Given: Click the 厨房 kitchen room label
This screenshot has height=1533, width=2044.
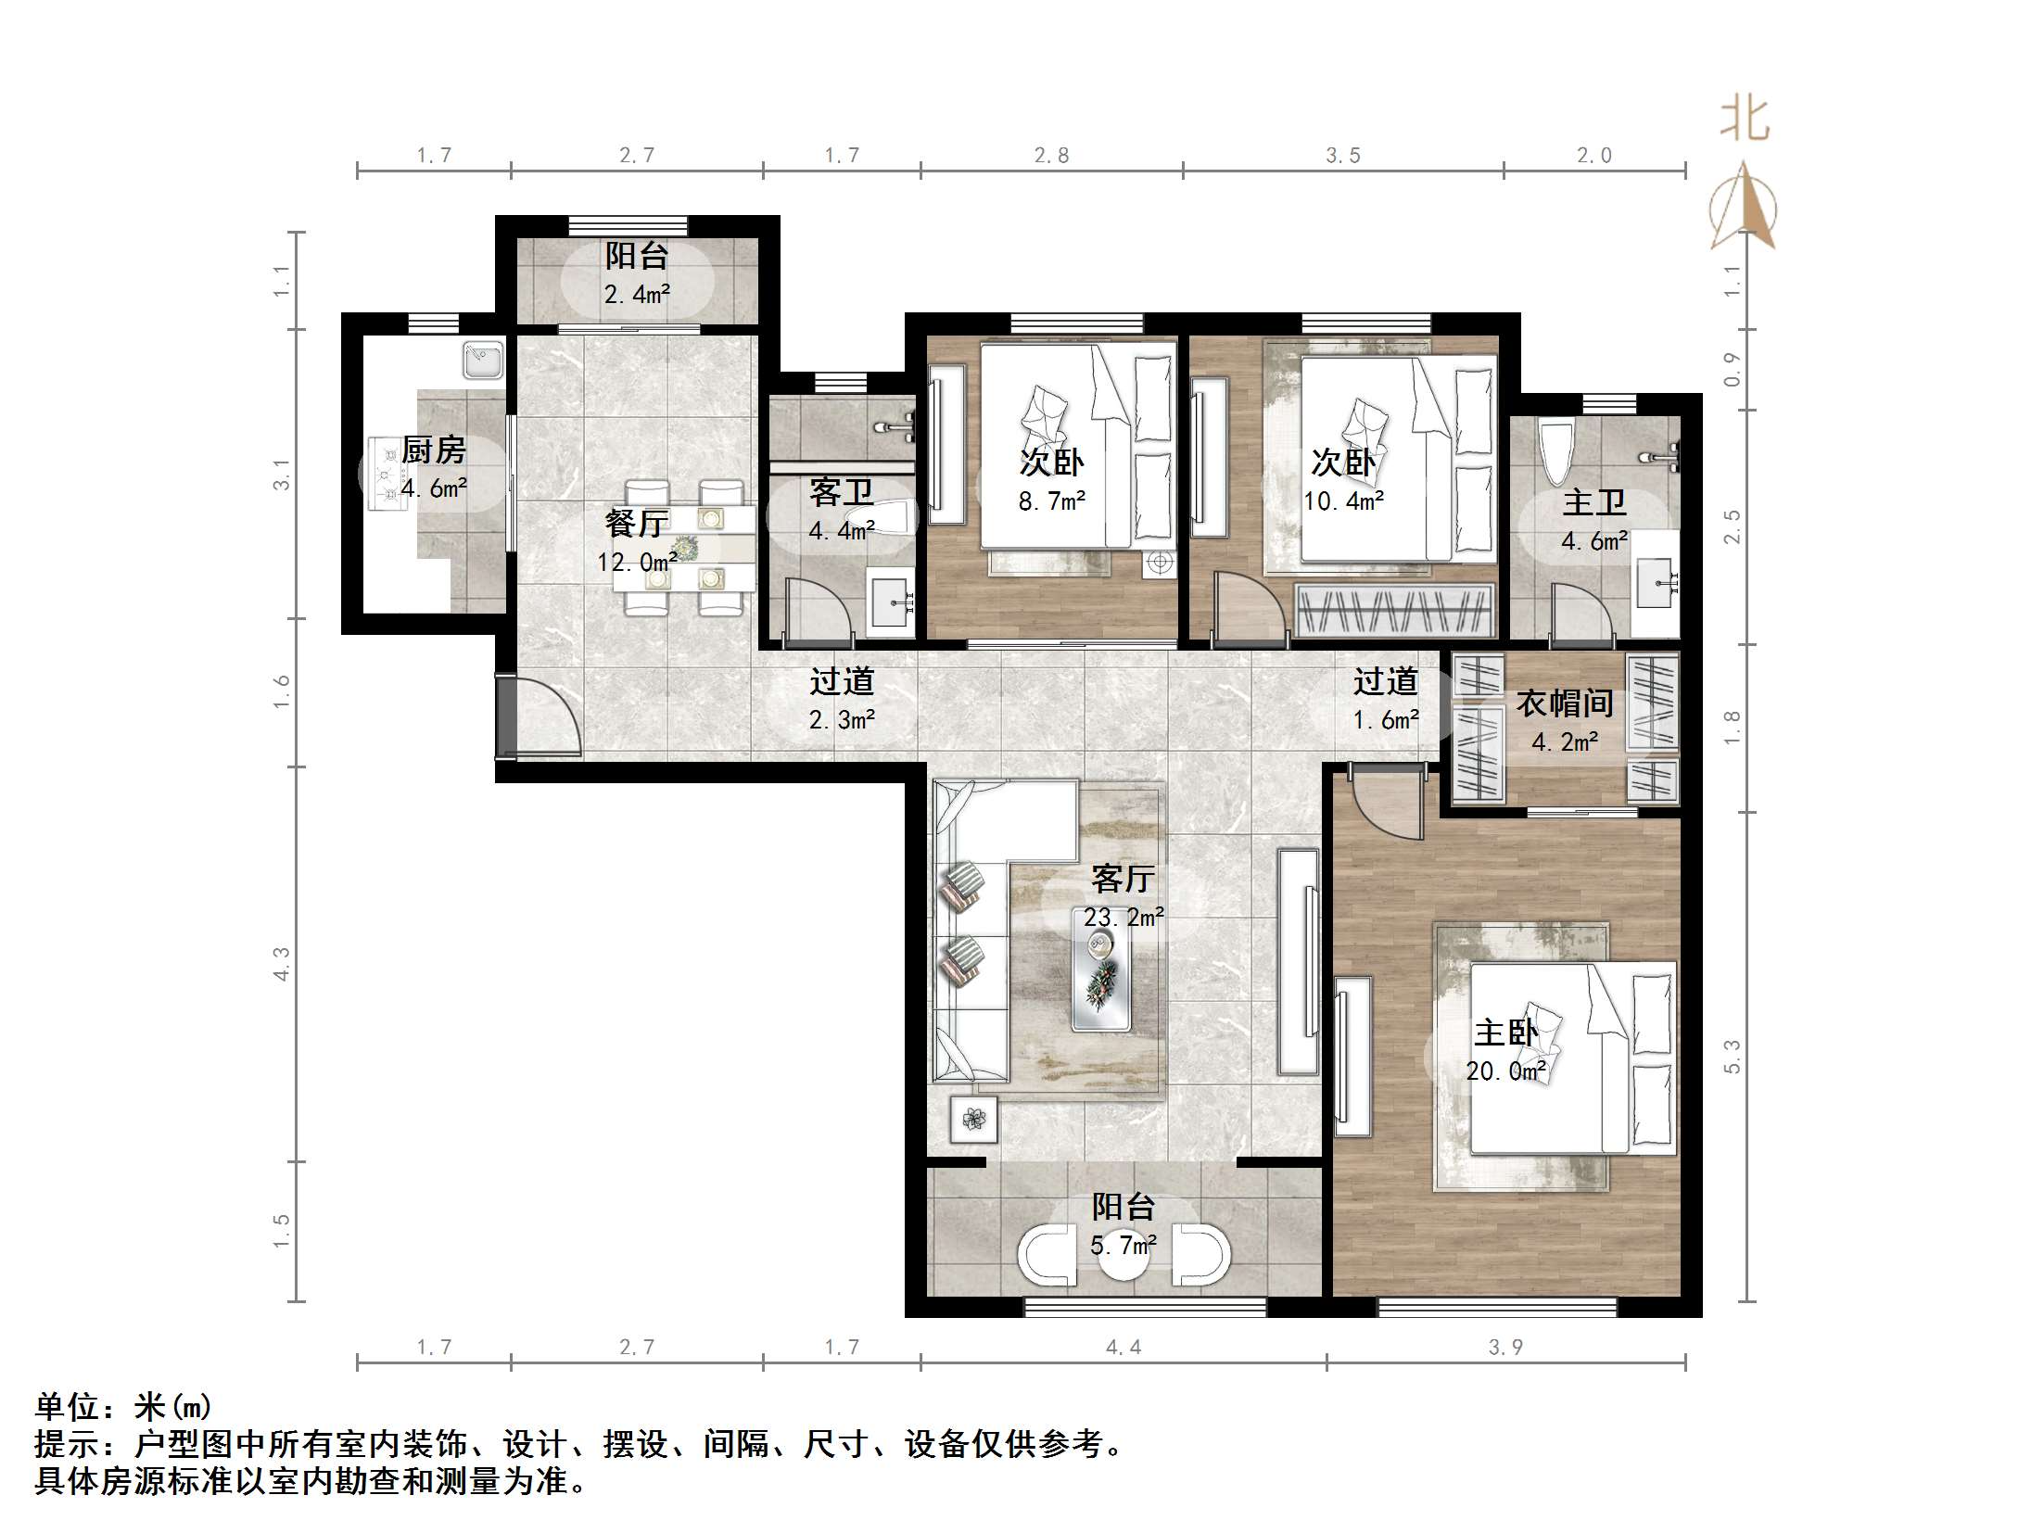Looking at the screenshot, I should tap(433, 451).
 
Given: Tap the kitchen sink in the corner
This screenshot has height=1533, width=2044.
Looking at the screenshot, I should tap(483, 361).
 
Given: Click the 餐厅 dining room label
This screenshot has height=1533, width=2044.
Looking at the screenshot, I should tap(636, 525).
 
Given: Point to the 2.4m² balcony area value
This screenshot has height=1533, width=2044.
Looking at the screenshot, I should tap(637, 295).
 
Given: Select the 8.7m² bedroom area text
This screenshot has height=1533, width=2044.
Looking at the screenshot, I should tap(1051, 502).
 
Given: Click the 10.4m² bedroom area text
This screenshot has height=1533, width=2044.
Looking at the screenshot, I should tap(1343, 502).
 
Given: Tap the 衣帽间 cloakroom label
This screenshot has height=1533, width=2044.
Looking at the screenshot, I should tap(1565, 704).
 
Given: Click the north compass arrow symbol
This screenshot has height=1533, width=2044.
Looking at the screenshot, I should tap(1744, 209).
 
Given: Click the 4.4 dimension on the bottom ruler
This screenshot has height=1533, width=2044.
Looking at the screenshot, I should tap(1123, 1348).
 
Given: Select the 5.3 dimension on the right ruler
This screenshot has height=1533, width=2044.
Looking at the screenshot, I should tap(1732, 1057).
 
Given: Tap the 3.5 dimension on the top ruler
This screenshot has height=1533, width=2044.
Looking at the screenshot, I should tap(1342, 156).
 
